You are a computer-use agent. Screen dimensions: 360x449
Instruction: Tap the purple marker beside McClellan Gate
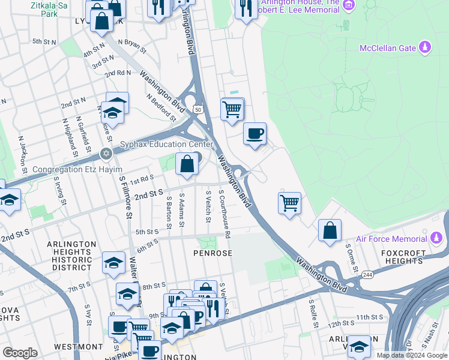(x=425, y=47)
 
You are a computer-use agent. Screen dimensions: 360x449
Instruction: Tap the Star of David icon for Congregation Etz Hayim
(x=107, y=154)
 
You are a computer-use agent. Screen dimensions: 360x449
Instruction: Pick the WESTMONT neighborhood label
(x=79, y=347)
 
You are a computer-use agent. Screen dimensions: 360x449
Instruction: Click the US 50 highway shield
(x=197, y=109)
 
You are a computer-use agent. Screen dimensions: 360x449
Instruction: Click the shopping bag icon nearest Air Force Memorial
(x=330, y=230)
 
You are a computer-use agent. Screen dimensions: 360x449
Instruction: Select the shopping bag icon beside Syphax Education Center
(x=187, y=163)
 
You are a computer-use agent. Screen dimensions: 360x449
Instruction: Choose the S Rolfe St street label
(x=312, y=314)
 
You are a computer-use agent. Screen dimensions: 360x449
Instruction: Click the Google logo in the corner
(x=20, y=353)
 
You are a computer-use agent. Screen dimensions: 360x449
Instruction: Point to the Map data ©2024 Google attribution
(x=411, y=355)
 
